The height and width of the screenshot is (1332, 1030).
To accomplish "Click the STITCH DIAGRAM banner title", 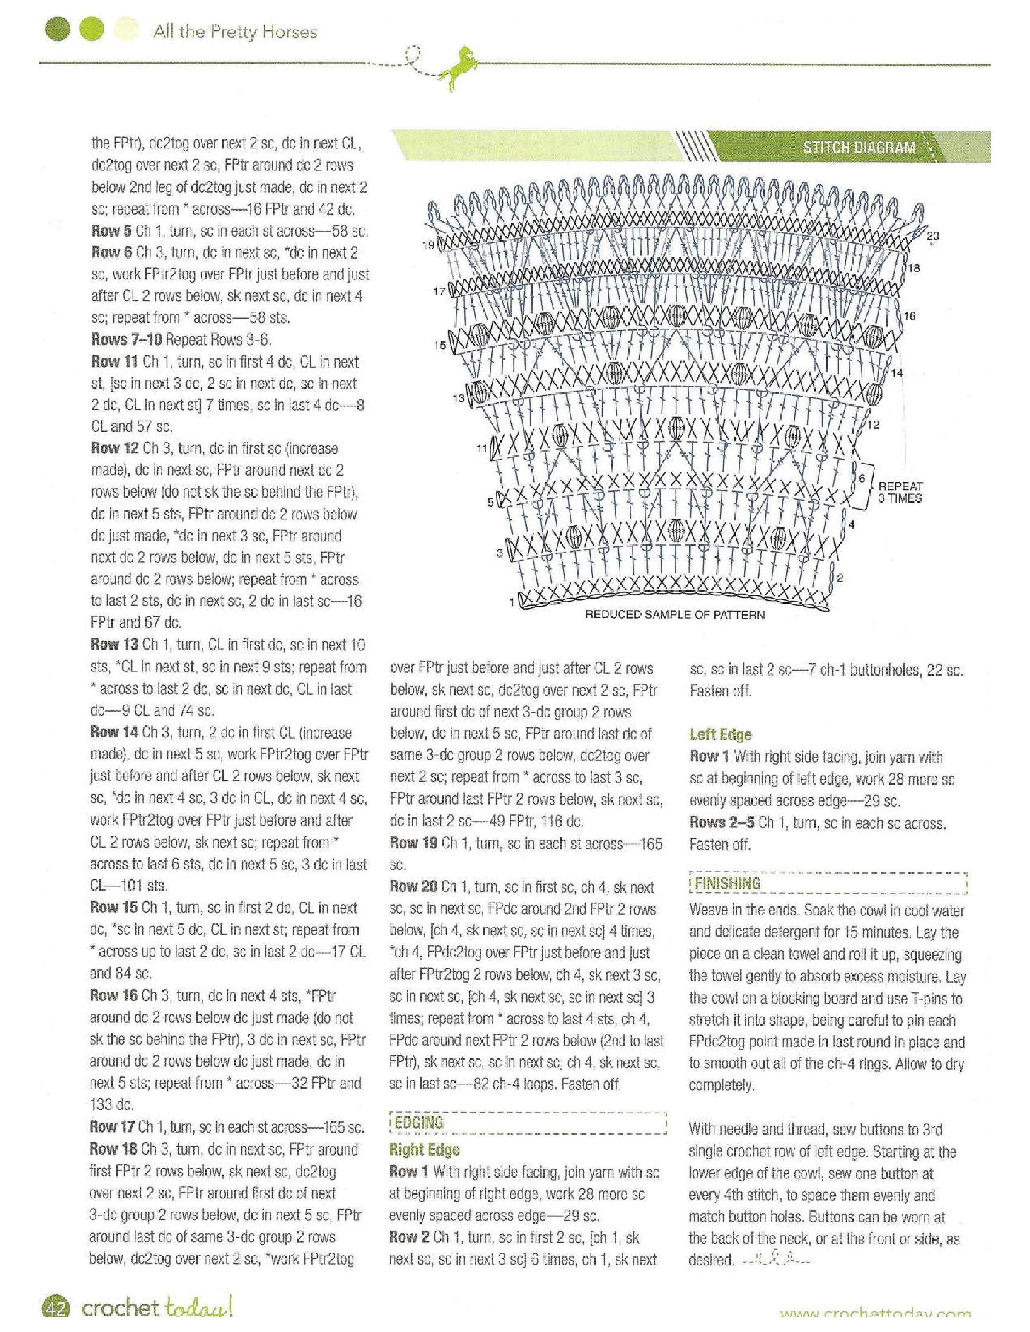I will (859, 147).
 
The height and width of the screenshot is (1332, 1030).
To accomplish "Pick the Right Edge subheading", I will (424, 1150).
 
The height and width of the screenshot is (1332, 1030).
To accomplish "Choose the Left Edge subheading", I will (720, 734).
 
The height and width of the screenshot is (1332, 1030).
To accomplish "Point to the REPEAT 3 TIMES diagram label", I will (899, 492).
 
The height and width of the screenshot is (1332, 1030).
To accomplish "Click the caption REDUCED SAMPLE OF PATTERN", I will (675, 615).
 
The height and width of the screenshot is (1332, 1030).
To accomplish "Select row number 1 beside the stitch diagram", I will (511, 602).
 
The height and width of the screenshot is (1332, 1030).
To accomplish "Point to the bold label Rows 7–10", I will (126, 339).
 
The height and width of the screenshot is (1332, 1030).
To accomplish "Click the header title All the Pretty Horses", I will (235, 31).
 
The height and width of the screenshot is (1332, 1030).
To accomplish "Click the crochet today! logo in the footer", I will (156, 1320).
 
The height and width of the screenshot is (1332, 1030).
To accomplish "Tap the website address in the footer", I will (875, 1326).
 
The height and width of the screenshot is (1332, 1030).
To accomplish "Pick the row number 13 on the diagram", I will (459, 398).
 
